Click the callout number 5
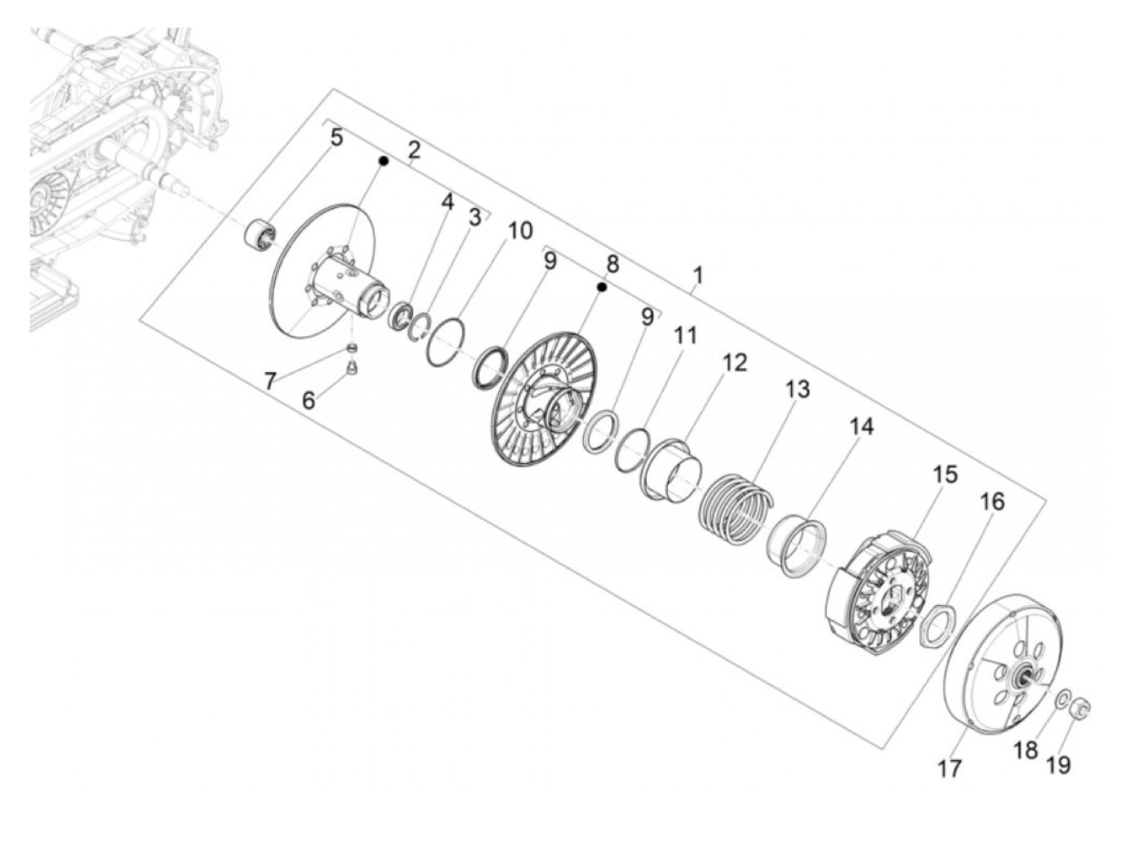click(x=336, y=139)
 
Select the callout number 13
click(x=797, y=389)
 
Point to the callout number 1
click(x=698, y=275)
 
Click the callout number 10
click(x=520, y=230)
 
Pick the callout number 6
click(x=309, y=401)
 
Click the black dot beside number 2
click(x=384, y=162)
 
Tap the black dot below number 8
click(x=602, y=287)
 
